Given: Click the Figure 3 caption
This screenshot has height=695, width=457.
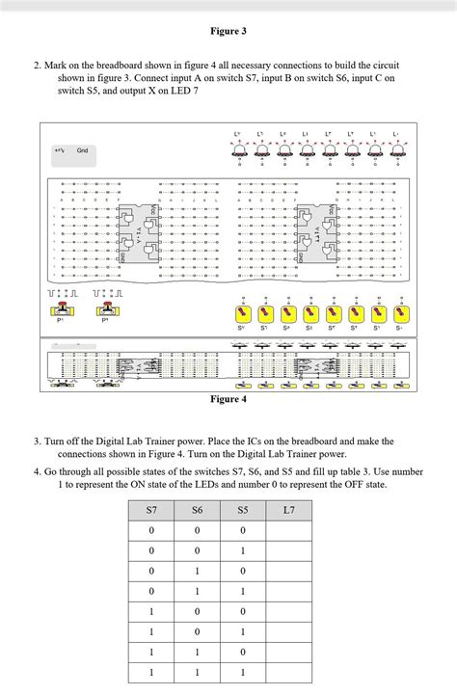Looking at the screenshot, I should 228,31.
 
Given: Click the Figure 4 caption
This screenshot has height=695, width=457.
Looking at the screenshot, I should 228,398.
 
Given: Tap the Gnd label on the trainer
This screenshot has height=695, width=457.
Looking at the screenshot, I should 83,150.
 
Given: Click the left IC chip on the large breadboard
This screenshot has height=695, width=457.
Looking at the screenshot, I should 141,234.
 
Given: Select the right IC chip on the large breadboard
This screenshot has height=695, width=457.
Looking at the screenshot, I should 320,234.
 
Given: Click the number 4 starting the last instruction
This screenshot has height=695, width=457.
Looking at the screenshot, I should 36,471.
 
